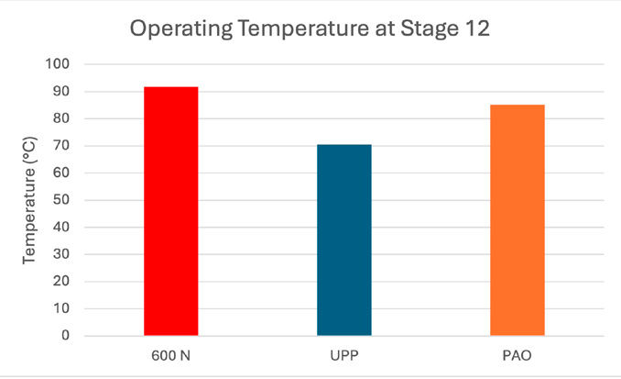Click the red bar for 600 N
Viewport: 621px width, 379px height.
tap(171, 211)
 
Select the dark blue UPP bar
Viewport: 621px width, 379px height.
tap(344, 240)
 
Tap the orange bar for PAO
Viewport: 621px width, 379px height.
tap(517, 220)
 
